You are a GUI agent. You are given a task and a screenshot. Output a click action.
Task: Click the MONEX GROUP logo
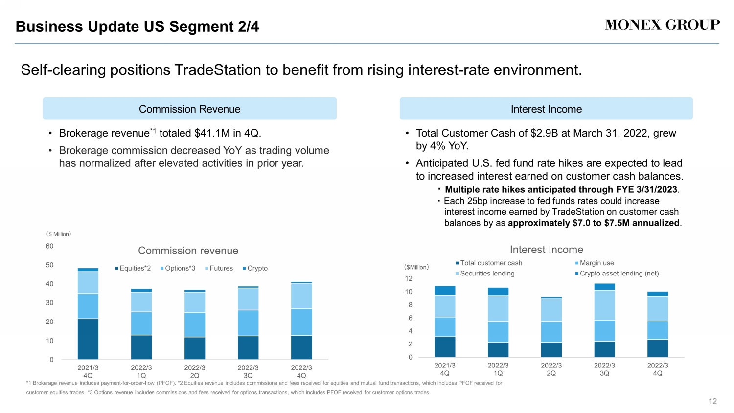click(x=662, y=25)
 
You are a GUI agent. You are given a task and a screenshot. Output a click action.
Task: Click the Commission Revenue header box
click(x=189, y=109)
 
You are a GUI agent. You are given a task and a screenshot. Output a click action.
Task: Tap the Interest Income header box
click(x=546, y=109)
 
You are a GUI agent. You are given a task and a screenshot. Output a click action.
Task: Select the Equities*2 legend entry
click(x=133, y=268)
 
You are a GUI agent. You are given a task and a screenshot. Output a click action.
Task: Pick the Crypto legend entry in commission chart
click(x=255, y=268)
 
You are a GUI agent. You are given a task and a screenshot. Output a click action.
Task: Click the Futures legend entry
click(x=219, y=268)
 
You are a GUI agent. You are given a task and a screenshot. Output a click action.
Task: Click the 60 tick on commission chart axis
click(x=49, y=246)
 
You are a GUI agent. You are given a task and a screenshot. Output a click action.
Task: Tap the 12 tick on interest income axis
click(x=409, y=278)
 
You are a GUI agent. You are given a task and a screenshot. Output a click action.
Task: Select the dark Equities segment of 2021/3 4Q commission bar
click(x=88, y=339)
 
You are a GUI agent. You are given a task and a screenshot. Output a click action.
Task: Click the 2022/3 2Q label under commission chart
click(x=195, y=371)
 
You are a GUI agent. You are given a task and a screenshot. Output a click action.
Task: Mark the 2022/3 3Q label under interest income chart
click(x=604, y=369)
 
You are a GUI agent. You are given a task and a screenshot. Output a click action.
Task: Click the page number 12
click(x=712, y=401)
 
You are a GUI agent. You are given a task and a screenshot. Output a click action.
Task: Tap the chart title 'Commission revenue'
click(x=188, y=251)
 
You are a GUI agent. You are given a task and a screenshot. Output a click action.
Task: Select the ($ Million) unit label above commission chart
click(x=59, y=234)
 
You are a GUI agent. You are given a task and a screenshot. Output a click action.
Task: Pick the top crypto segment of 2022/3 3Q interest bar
click(x=605, y=287)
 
